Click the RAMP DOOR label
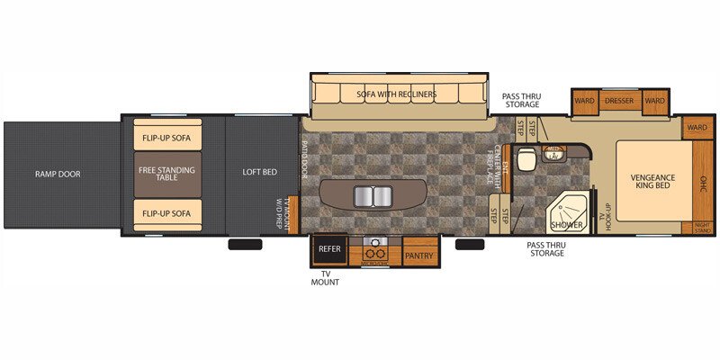pyautogui.click(x=58, y=174)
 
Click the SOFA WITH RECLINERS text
pyautogui.click(x=395, y=94)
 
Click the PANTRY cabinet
pyautogui.click(x=418, y=255)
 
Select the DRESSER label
pyautogui.click(x=619, y=101)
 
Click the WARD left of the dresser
pyautogui.click(x=584, y=101)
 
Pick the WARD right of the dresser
pyautogui.click(x=654, y=101)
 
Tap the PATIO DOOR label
pyautogui.click(x=305, y=162)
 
